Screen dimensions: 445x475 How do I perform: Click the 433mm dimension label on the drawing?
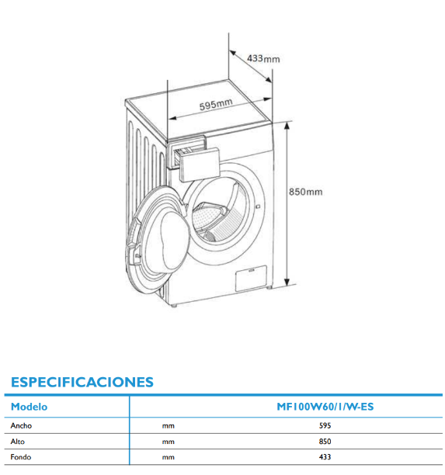tap(263, 58)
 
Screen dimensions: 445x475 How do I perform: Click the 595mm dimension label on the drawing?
tap(216, 104)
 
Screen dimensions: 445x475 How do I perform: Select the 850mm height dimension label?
tap(305, 192)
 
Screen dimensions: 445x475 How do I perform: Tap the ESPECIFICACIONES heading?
tap(82, 382)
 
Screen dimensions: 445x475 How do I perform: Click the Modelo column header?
tap(29, 407)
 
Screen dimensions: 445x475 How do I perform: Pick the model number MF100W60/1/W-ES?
tap(325, 407)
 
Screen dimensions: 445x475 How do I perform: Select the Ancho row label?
tap(21, 425)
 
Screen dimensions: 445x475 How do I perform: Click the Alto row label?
tap(18, 442)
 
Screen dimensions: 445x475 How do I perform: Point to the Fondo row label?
tap(21, 457)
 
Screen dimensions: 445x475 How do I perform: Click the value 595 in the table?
tap(325, 425)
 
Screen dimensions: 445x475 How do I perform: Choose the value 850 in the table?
tap(325, 442)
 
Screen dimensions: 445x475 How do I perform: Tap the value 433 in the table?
tap(325, 457)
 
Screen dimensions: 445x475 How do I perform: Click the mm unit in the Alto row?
tap(169, 442)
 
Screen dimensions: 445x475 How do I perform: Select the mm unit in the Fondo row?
tap(169, 457)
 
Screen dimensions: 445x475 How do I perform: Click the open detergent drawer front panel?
tap(199, 165)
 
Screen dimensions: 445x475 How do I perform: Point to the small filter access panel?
tap(251, 278)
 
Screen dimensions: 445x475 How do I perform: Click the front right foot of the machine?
tap(269, 286)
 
